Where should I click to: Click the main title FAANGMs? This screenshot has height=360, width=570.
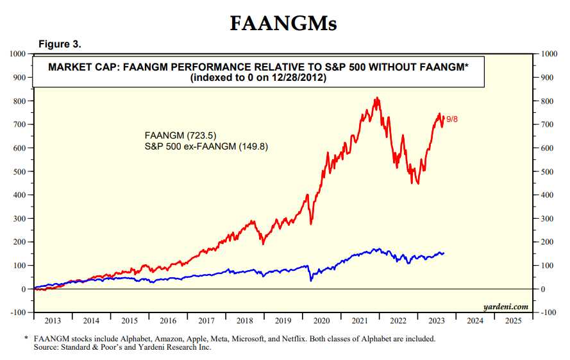283,24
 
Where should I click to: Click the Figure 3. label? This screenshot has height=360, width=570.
60,44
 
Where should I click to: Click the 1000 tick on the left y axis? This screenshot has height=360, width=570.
17,54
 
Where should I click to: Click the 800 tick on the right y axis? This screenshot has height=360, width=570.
549,101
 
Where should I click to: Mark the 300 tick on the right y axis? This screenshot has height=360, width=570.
549,218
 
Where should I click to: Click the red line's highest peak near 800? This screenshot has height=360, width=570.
377,98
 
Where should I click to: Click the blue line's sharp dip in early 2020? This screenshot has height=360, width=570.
310,280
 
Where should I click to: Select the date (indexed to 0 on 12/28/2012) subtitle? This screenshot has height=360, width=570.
258,78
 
